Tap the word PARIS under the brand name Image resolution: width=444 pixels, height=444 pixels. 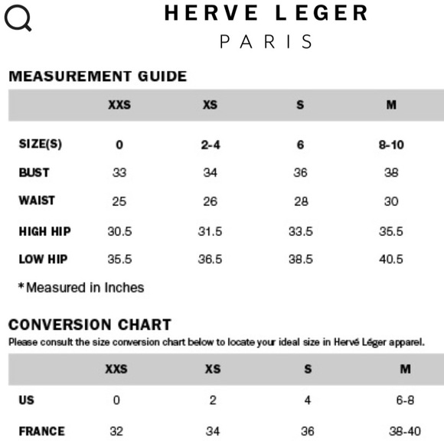point(266,41)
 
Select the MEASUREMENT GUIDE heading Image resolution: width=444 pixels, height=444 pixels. point(97,76)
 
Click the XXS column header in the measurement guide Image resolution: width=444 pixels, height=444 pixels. point(119,105)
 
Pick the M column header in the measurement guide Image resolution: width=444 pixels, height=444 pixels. point(391,105)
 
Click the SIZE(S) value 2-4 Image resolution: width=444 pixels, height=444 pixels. point(211,145)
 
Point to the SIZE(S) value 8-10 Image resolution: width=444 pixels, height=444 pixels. point(391,145)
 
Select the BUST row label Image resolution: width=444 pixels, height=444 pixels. point(34,172)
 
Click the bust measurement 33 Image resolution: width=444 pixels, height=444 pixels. point(119,173)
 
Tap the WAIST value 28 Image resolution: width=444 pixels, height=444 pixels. point(301,201)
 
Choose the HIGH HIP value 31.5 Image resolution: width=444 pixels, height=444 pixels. point(211,230)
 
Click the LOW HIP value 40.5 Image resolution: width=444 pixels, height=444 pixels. point(391,259)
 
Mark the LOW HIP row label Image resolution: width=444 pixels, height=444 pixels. point(43,259)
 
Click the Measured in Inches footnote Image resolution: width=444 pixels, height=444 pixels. point(80,288)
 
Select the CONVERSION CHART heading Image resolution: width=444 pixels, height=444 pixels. point(90,325)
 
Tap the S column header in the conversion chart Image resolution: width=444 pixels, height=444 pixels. point(307,369)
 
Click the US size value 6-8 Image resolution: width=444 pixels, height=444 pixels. point(405,400)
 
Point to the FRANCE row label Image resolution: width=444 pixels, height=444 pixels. point(41,431)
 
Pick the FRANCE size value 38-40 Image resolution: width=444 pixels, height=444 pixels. point(405,431)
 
